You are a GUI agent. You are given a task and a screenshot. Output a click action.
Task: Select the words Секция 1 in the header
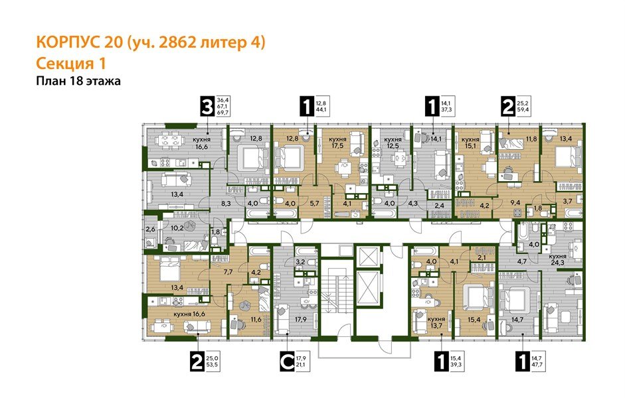pos(69,63)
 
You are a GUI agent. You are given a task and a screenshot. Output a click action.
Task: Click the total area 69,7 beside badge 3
pos(223,113)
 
